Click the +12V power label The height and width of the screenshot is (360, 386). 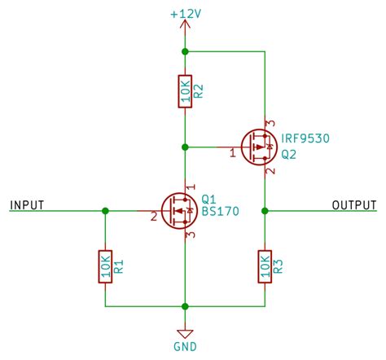pos(186,14)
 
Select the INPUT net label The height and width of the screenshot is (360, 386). pos(27,204)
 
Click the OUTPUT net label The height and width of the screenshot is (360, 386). pos(354,204)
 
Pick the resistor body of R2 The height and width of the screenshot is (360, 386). pos(186,91)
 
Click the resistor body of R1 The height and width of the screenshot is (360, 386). pos(104,266)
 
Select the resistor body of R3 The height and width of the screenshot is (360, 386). pos(265,266)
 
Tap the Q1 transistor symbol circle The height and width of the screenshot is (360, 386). pos(178,210)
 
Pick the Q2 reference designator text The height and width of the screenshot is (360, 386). pos(289,153)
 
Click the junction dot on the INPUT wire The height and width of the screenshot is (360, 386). pos(104,210)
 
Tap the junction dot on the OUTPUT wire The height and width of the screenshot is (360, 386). pos(265,210)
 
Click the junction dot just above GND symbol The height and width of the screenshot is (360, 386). pos(186,307)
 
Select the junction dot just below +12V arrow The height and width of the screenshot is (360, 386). pos(186,51)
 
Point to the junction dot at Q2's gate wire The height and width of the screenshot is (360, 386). pos(186,147)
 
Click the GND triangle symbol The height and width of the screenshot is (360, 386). pos(186,331)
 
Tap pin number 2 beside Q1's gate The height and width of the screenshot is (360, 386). pos(152,217)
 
